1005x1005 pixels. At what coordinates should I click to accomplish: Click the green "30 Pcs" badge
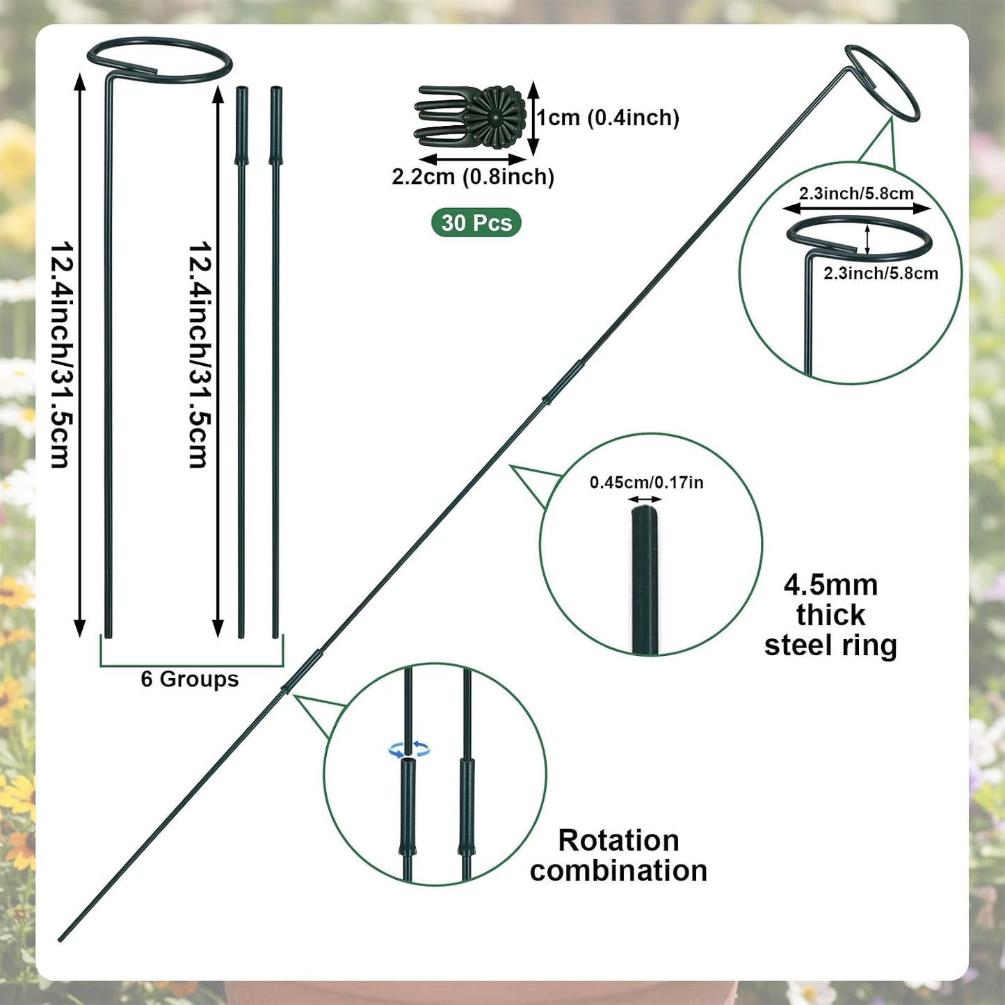click(x=476, y=223)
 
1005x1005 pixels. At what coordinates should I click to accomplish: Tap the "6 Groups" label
click(x=190, y=679)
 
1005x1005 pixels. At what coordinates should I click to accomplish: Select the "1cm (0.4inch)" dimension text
click(x=608, y=118)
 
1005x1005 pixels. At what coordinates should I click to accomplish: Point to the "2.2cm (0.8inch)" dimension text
click(x=473, y=177)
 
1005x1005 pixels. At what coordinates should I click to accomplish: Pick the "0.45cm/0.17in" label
click(x=646, y=483)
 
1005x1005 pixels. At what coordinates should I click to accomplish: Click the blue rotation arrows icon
click(x=410, y=749)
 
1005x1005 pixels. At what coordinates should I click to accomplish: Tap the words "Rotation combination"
click(x=618, y=855)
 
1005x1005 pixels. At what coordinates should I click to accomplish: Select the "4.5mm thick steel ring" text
click(x=830, y=616)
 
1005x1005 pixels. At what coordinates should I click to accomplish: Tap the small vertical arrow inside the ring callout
click(x=867, y=239)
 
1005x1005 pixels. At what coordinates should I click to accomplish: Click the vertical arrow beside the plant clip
click(x=532, y=118)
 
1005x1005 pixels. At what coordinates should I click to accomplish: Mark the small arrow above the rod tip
click(x=645, y=499)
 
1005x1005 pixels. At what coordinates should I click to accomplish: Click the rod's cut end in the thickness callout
click(x=645, y=511)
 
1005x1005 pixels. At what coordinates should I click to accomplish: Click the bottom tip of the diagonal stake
click(x=59, y=941)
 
